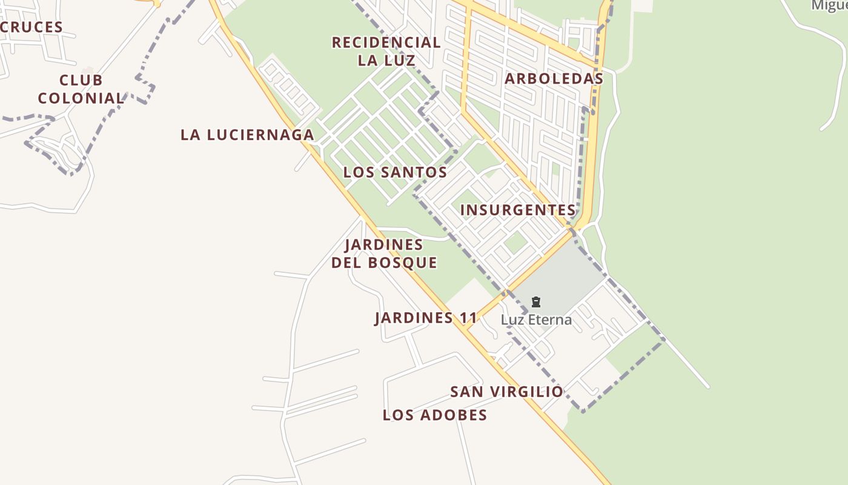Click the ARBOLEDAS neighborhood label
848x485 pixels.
[554, 79]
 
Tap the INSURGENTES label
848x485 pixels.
[518, 210]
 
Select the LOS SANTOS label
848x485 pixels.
[395, 172]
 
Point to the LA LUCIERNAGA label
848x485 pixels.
[247, 135]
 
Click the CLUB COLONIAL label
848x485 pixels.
[81, 89]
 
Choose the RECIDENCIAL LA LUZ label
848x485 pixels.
[386, 51]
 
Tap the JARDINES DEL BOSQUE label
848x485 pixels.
[384, 253]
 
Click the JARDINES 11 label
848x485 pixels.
[426, 318]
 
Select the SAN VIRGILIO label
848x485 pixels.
[506, 392]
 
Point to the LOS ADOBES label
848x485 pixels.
[435, 415]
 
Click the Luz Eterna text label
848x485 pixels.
[536, 319]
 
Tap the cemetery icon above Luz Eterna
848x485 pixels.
[535, 302]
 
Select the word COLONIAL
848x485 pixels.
[81, 98]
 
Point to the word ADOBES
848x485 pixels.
[454, 415]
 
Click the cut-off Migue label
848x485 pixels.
[829, 5]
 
